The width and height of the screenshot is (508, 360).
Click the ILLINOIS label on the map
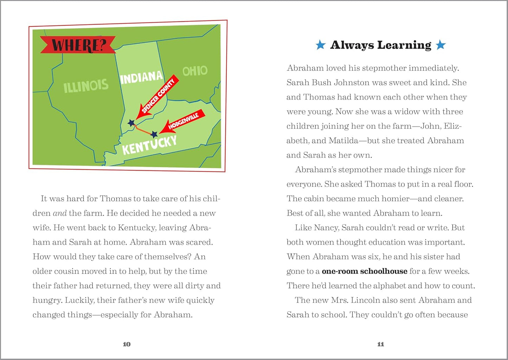coord(86,85)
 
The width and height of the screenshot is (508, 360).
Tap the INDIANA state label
coord(141,77)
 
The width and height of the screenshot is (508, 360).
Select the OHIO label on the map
coord(195,71)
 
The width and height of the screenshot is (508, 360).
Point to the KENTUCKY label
coord(149,145)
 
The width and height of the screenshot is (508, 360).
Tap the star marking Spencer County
coord(131,123)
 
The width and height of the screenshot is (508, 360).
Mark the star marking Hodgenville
coord(154,134)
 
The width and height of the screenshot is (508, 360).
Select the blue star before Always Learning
coord(320,45)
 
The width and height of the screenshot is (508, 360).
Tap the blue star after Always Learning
coord(441,45)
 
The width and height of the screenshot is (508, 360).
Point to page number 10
coord(127,344)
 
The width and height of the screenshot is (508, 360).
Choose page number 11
coord(380,344)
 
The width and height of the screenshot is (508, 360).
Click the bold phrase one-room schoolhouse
coord(365,271)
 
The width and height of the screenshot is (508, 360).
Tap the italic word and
coord(59,213)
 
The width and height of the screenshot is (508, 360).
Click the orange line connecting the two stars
coord(143,129)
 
